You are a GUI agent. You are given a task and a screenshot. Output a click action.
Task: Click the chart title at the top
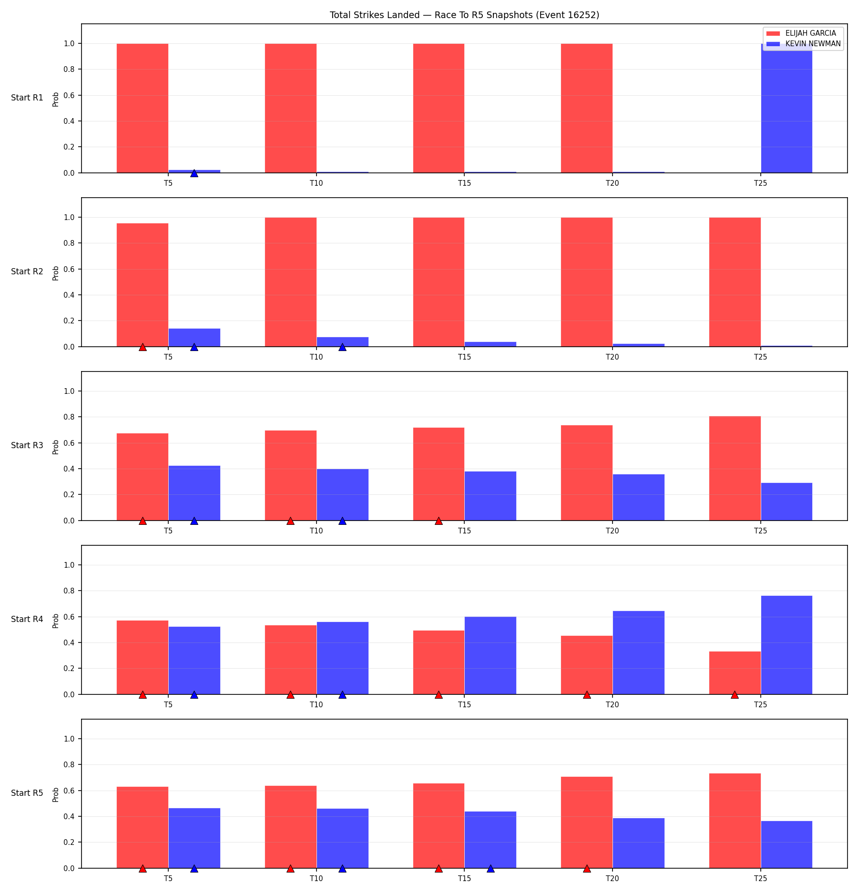click(x=464, y=15)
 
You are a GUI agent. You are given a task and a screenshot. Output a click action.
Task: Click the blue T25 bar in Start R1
click(x=786, y=108)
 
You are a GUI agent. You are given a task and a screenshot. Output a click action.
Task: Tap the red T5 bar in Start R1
click(x=143, y=108)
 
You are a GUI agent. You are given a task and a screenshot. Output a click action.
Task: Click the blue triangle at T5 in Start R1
click(x=194, y=173)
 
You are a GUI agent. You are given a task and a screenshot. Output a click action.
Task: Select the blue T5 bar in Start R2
click(x=194, y=338)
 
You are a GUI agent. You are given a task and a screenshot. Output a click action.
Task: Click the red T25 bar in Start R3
click(x=735, y=469)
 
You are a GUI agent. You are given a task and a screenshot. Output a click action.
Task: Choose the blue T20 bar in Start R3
click(x=639, y=497)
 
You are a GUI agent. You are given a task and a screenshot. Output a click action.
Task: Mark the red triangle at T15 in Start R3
click(x=439, y=521)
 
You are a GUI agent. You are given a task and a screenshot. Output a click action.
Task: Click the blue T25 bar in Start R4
click(x=786, y=645)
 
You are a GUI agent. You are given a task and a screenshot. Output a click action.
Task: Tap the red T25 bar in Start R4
click(x=735, y=673)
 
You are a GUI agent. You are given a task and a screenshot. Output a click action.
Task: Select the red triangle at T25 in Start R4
click(x=735, y=694)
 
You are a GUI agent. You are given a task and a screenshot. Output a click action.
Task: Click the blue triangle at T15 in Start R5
click(x=490, y=868)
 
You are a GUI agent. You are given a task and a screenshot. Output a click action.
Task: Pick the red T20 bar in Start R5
click(x=587, y=823)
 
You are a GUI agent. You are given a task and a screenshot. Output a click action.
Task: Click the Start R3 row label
click(x=27, y=445)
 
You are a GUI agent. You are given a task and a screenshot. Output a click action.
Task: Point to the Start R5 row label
click(x=27, y=793)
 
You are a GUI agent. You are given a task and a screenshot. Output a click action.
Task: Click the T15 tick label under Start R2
click(x=465, y=357)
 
